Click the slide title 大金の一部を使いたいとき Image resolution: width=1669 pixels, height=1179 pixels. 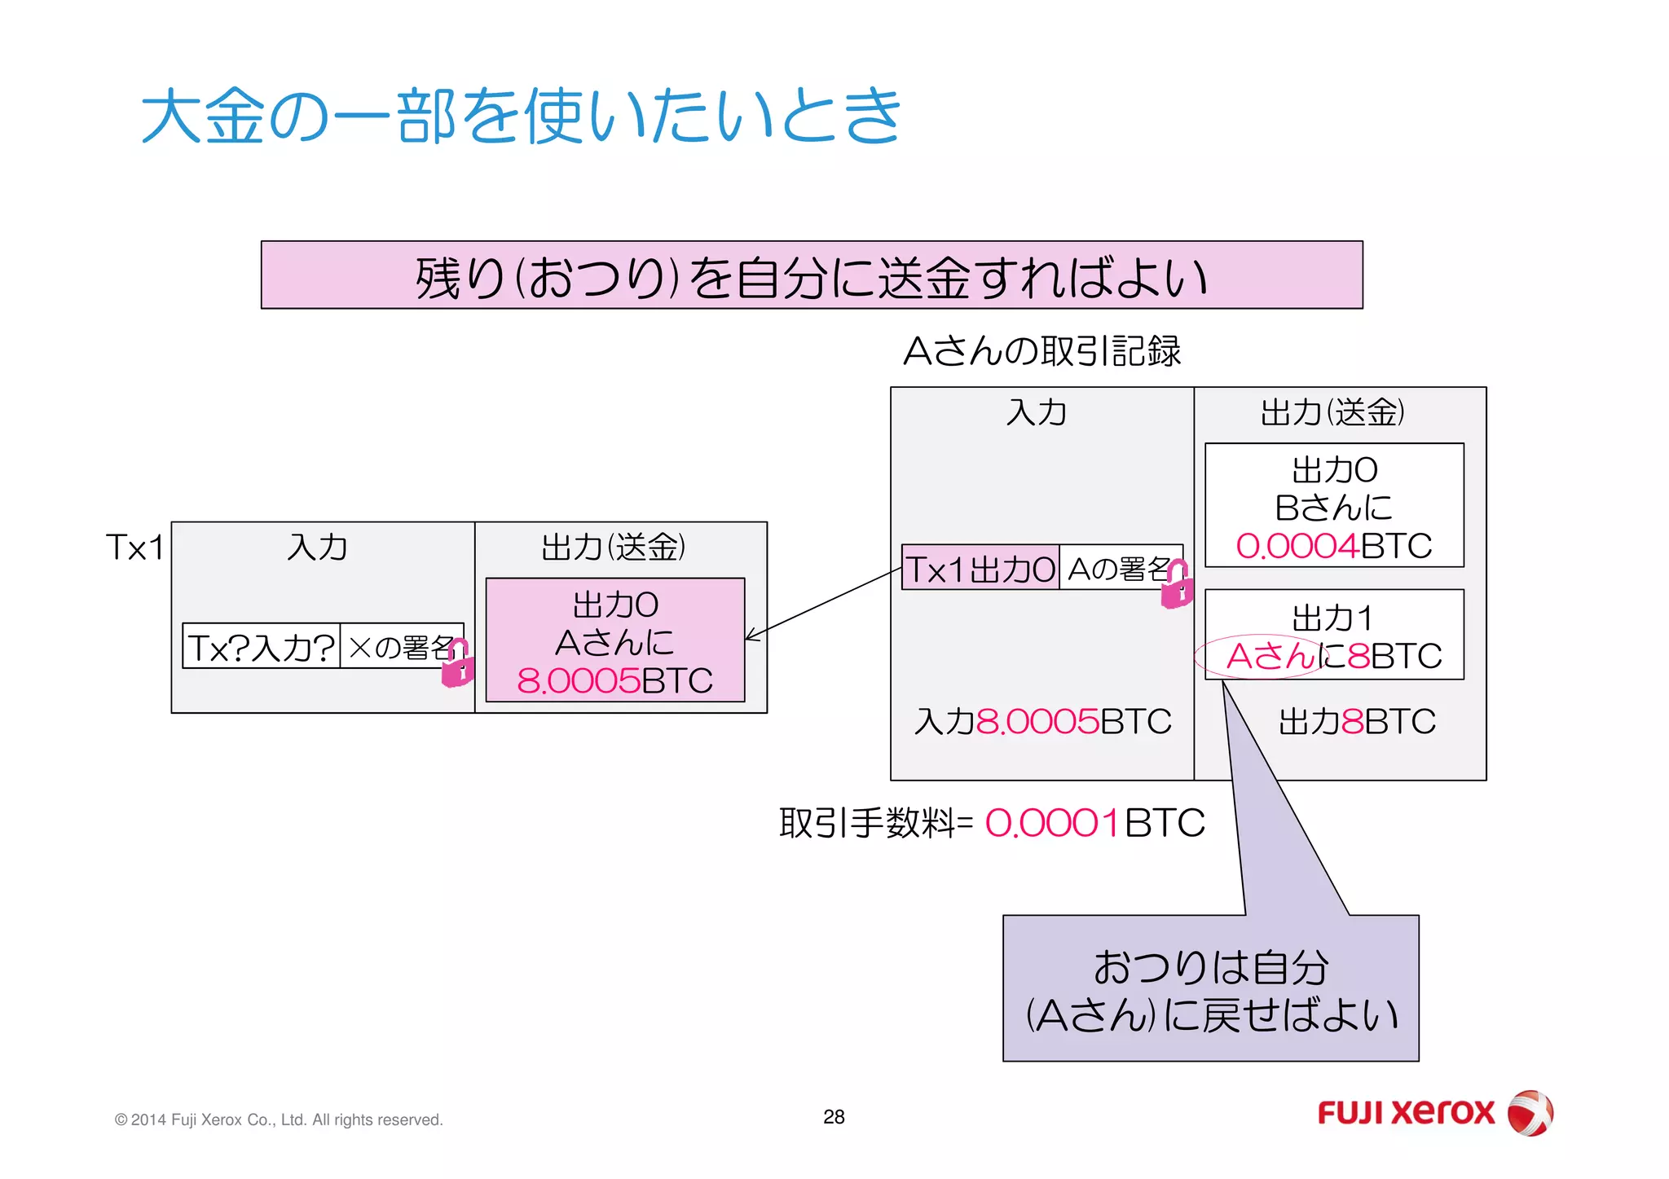click(522, 116)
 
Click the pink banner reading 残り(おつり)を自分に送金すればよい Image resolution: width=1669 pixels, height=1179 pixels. click(811, 275)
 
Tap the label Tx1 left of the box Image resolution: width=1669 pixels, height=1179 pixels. click(134, 547)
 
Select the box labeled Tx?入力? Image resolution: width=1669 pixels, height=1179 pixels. click(261, 647)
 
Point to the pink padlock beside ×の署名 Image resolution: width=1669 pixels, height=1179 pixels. click(457, 664)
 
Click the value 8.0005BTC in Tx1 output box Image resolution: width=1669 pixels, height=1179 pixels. click(614, 680)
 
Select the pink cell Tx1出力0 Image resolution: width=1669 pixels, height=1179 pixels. click(980, 569)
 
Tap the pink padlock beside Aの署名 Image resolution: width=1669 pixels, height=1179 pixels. click(1177, 586)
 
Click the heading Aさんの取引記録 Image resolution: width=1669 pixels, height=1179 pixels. click(1041, 351)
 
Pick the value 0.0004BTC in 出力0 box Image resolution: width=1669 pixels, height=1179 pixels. click(1333, 546)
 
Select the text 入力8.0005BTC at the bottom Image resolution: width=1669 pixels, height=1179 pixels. click(1041, 722)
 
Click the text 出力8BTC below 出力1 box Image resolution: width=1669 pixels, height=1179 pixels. click(1356, 722)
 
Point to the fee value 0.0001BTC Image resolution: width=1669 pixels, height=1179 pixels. click(1094, 823)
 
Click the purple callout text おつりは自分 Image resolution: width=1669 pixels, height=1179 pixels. click(1210, 968)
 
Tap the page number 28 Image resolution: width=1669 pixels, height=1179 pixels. click(834, 1117)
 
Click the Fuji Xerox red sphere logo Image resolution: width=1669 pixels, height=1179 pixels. click(1530, 1113)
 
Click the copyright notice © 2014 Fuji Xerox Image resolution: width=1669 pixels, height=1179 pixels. click(279, 1120)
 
